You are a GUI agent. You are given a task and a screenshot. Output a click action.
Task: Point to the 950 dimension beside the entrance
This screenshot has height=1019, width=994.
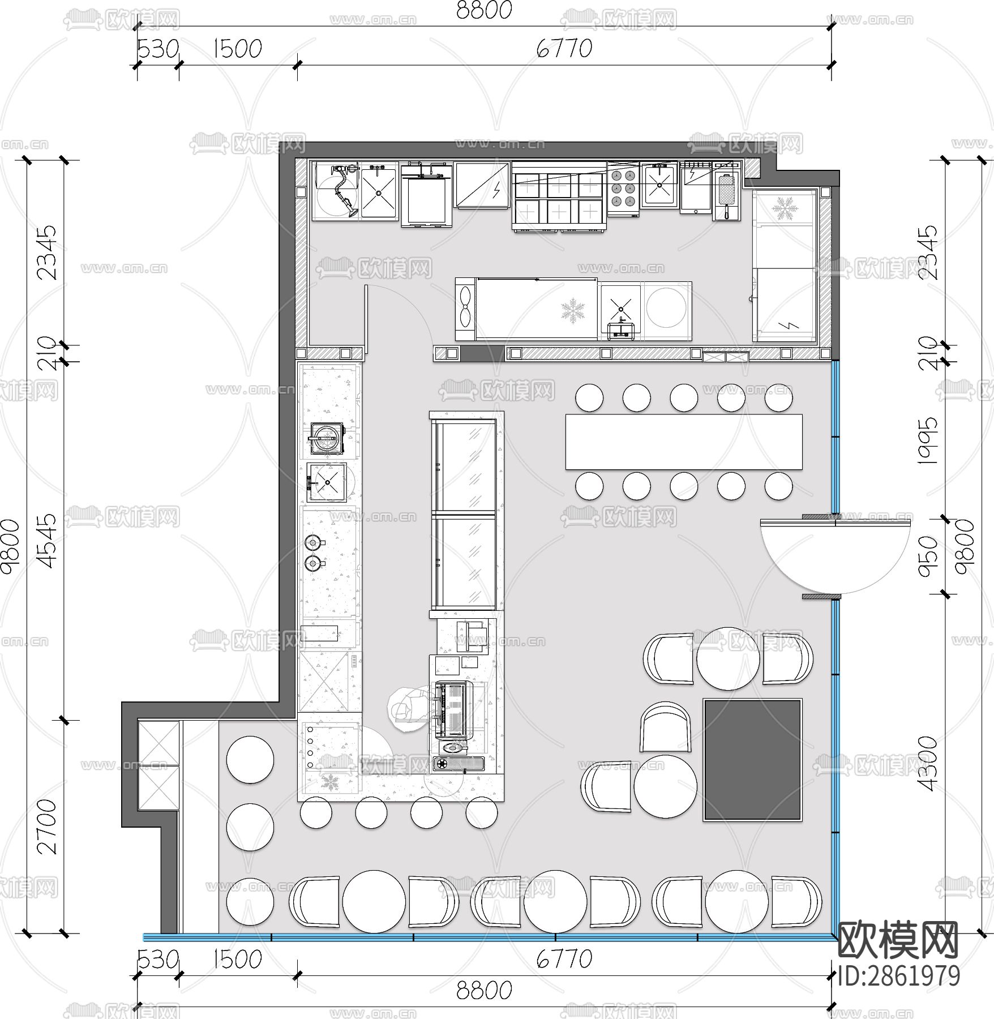click(928, 556)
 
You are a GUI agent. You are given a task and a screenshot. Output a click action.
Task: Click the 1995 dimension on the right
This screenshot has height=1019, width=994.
click(928, 441)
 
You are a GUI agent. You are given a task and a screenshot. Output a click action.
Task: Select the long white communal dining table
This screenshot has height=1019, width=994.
click(684, 442)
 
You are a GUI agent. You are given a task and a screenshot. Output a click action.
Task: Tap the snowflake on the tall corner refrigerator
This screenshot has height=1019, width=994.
click(785, 209)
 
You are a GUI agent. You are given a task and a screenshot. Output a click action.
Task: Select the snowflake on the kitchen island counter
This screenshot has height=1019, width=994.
click(573, 311)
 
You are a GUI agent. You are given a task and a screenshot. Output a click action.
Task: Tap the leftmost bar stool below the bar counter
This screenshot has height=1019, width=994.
click(315, 812)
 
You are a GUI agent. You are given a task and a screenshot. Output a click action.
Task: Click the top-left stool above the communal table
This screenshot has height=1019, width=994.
click(589, 397)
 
